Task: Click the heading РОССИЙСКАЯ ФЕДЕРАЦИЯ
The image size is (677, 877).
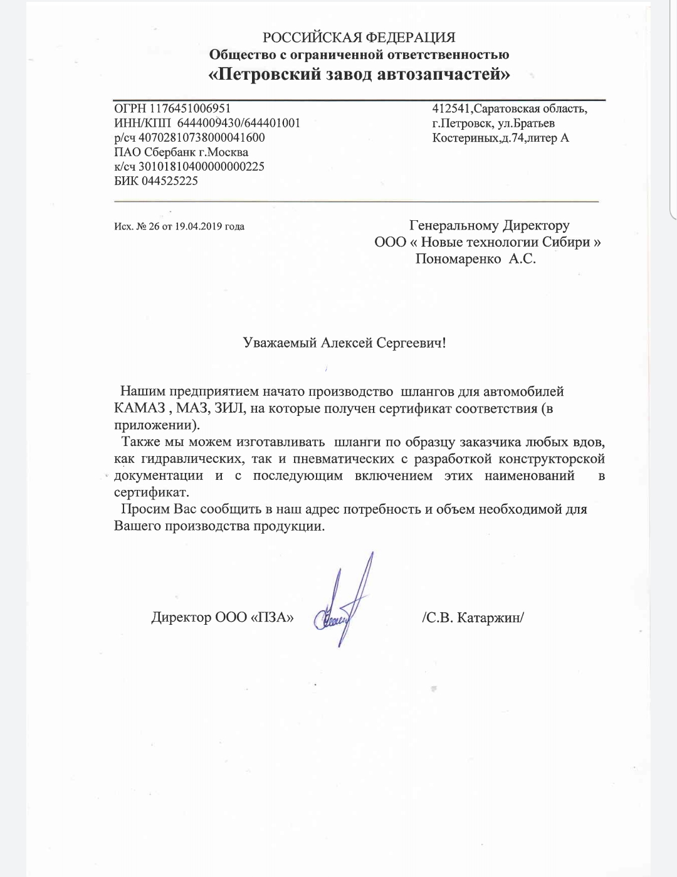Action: pos(359,37)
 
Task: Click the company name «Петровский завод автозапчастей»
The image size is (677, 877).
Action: pos(359,75)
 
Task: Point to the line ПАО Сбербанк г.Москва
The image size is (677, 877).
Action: pos(181,152)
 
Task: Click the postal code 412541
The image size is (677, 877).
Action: pos(451,109)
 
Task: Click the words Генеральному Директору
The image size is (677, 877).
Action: pos(489,225)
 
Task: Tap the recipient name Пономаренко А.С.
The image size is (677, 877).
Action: pos(475,258)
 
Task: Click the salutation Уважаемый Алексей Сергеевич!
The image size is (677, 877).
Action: pos(344,343)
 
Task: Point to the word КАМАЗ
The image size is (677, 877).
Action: pos(139,408)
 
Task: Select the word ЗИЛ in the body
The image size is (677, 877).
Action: pos(230,408)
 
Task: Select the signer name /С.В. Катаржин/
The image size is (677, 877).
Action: pos(473,617)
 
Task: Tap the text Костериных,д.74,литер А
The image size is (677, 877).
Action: pos(500,138)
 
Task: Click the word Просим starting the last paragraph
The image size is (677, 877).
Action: pos(144,509)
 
